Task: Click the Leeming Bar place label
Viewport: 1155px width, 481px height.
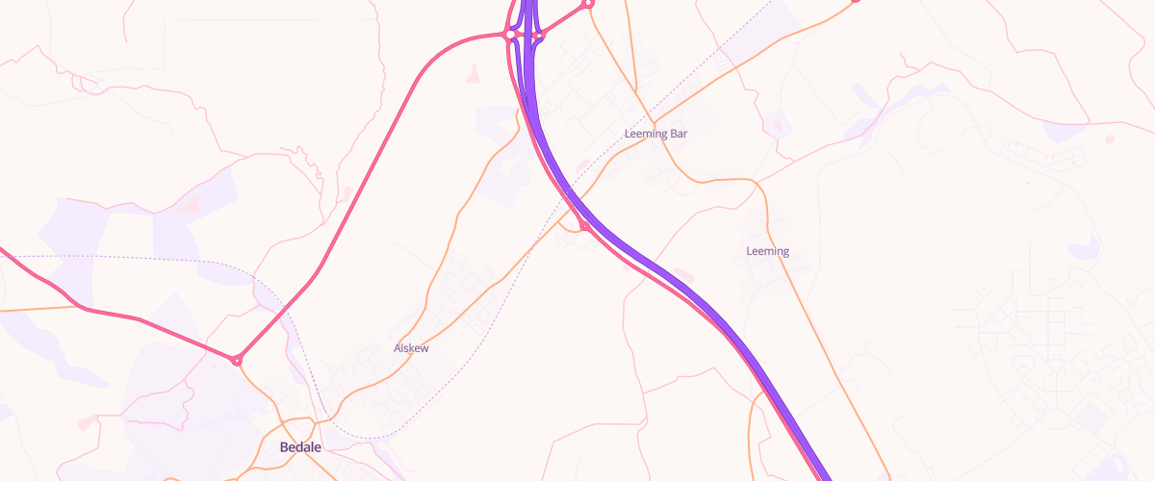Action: (x=655, y=134)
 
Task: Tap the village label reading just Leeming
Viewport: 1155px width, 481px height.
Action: (x=767, y=251)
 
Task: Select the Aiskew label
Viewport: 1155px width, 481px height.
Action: (x=411, y=348)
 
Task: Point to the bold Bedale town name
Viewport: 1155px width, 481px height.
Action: (x=300, y=447)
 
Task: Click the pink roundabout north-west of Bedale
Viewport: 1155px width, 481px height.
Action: (x=237, y=361)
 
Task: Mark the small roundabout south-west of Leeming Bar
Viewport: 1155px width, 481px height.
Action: (x=584, y=227)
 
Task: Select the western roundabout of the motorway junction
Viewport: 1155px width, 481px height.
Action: (x=509, y=35)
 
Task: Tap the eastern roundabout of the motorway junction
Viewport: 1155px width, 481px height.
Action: (x=539, y=37)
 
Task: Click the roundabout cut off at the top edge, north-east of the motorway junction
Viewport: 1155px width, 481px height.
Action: (x=589, y=3)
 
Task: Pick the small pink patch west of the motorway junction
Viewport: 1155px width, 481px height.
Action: (x=473, y=73)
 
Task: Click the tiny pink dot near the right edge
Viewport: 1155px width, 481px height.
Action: (x=1109, y=139)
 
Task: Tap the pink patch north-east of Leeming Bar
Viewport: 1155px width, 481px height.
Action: (x=778, y=125)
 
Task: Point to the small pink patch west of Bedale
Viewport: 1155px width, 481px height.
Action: (x=88, y=421)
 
